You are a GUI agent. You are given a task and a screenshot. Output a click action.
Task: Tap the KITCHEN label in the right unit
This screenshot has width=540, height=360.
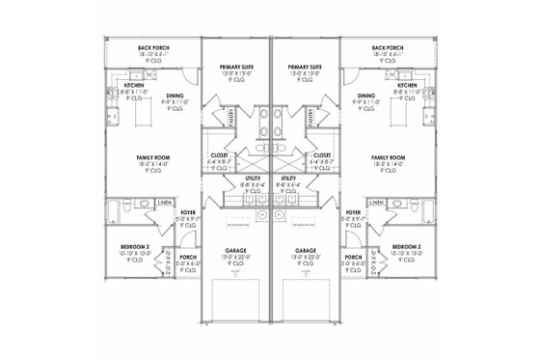pyautogui.click(x=406, y=85)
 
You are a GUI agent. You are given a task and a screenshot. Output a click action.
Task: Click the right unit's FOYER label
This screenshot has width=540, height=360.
pyautogui.click(x=353, y=212)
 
